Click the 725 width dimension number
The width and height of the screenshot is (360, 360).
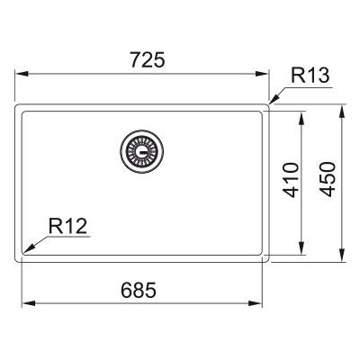(148, 59)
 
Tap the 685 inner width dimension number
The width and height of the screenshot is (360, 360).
(139, 290)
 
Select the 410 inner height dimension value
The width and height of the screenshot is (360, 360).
(292, 180)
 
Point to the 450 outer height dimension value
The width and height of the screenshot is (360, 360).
(327, 179)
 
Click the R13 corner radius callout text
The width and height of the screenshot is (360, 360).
(310, 76)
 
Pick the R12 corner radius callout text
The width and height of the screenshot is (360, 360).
(67, 226)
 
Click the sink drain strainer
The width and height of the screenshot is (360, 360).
(142, 151)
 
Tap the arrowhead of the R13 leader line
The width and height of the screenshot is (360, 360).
(274, 99)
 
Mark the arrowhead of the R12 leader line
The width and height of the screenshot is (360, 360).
(29, 248)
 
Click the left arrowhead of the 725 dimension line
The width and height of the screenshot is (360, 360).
(22, 74)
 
